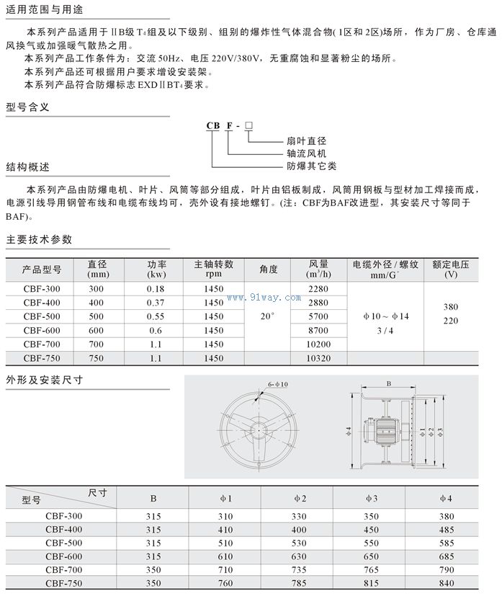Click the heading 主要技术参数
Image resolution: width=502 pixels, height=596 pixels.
pyautogui.click(x=39, y=239)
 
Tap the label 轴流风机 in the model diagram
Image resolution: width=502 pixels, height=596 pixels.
pyautogui.click(x=306, y=154)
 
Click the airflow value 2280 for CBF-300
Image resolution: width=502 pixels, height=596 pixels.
pyautogui.click(x=318, y=289)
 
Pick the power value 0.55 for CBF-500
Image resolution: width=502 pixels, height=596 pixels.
pyautogui.click(x=155, y=316)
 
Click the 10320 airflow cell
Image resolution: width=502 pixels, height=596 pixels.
pyautogui.click(x=318, y=357)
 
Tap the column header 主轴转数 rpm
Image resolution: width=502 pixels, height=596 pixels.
pyautogui.click(x=214, y=269)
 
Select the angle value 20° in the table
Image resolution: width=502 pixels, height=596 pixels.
pyautogui.click(x=268, y=316)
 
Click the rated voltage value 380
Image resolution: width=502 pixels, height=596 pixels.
pyautogui.click(x=451, y=307)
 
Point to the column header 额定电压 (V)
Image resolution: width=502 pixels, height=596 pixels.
pyautogui.click(x=451, y=269)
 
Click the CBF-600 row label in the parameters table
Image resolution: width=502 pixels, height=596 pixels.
pyautogui.click(x=42, y=330)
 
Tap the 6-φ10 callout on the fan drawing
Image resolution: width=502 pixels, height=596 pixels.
pyautogui.click(x=277, y=384)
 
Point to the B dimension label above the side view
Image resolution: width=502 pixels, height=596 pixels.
pyautogui.click(x=388, y=384)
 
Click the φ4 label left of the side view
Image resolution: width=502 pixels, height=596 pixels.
pyautogui.click(x=348, y=430)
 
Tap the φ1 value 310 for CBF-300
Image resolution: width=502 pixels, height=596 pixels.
pyautogui.click(x=225, y=516)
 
